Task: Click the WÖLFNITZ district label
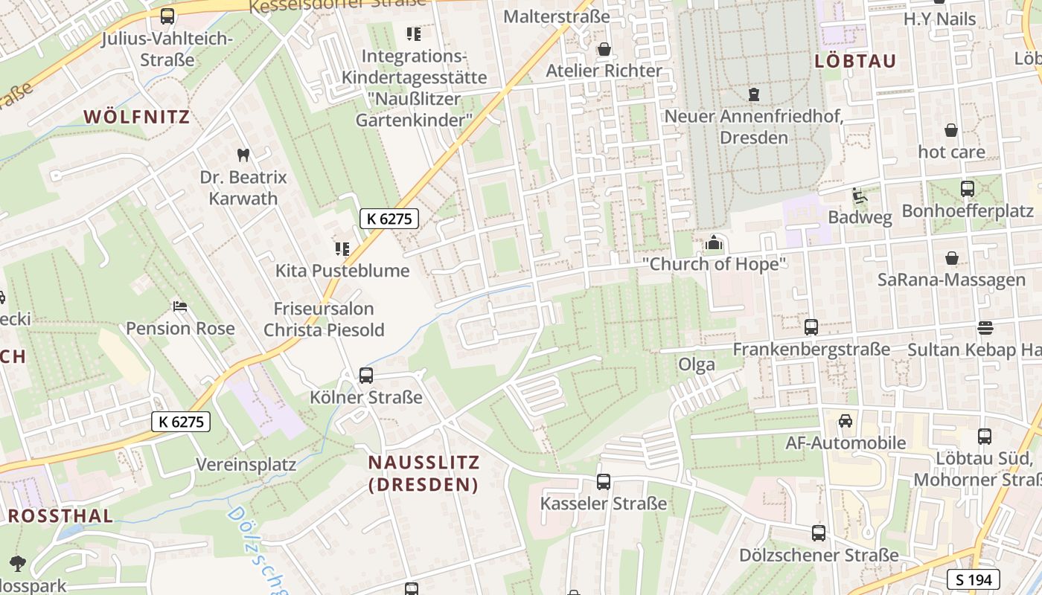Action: (x=137, y=117)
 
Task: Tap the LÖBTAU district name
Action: (x=855, y=61)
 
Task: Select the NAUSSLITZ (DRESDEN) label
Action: (x=424, y=473)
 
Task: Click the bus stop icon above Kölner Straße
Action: (x=365, y=376)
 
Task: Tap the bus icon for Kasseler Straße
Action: (x=604, y=482)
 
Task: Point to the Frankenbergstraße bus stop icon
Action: (x=811, y=327)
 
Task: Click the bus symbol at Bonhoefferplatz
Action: (x=968, y=189)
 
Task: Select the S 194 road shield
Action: (x=973, y=579)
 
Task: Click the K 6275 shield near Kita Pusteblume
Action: (x=389, y=219)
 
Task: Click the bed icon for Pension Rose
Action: (x=179, y=306)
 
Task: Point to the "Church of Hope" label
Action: (x=714, y=264)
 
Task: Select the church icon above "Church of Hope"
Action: (x=714, y=242)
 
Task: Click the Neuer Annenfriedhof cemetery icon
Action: (x=754, y=94)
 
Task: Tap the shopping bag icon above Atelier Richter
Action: (x=604, y=49)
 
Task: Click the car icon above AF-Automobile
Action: (x=846, y=421)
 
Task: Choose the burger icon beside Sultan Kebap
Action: (x=985, y=328)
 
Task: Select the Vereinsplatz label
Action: (x=246, y=465)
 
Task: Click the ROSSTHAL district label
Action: (x=60, y=515)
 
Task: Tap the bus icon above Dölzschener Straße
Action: (x=819, y=533)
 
